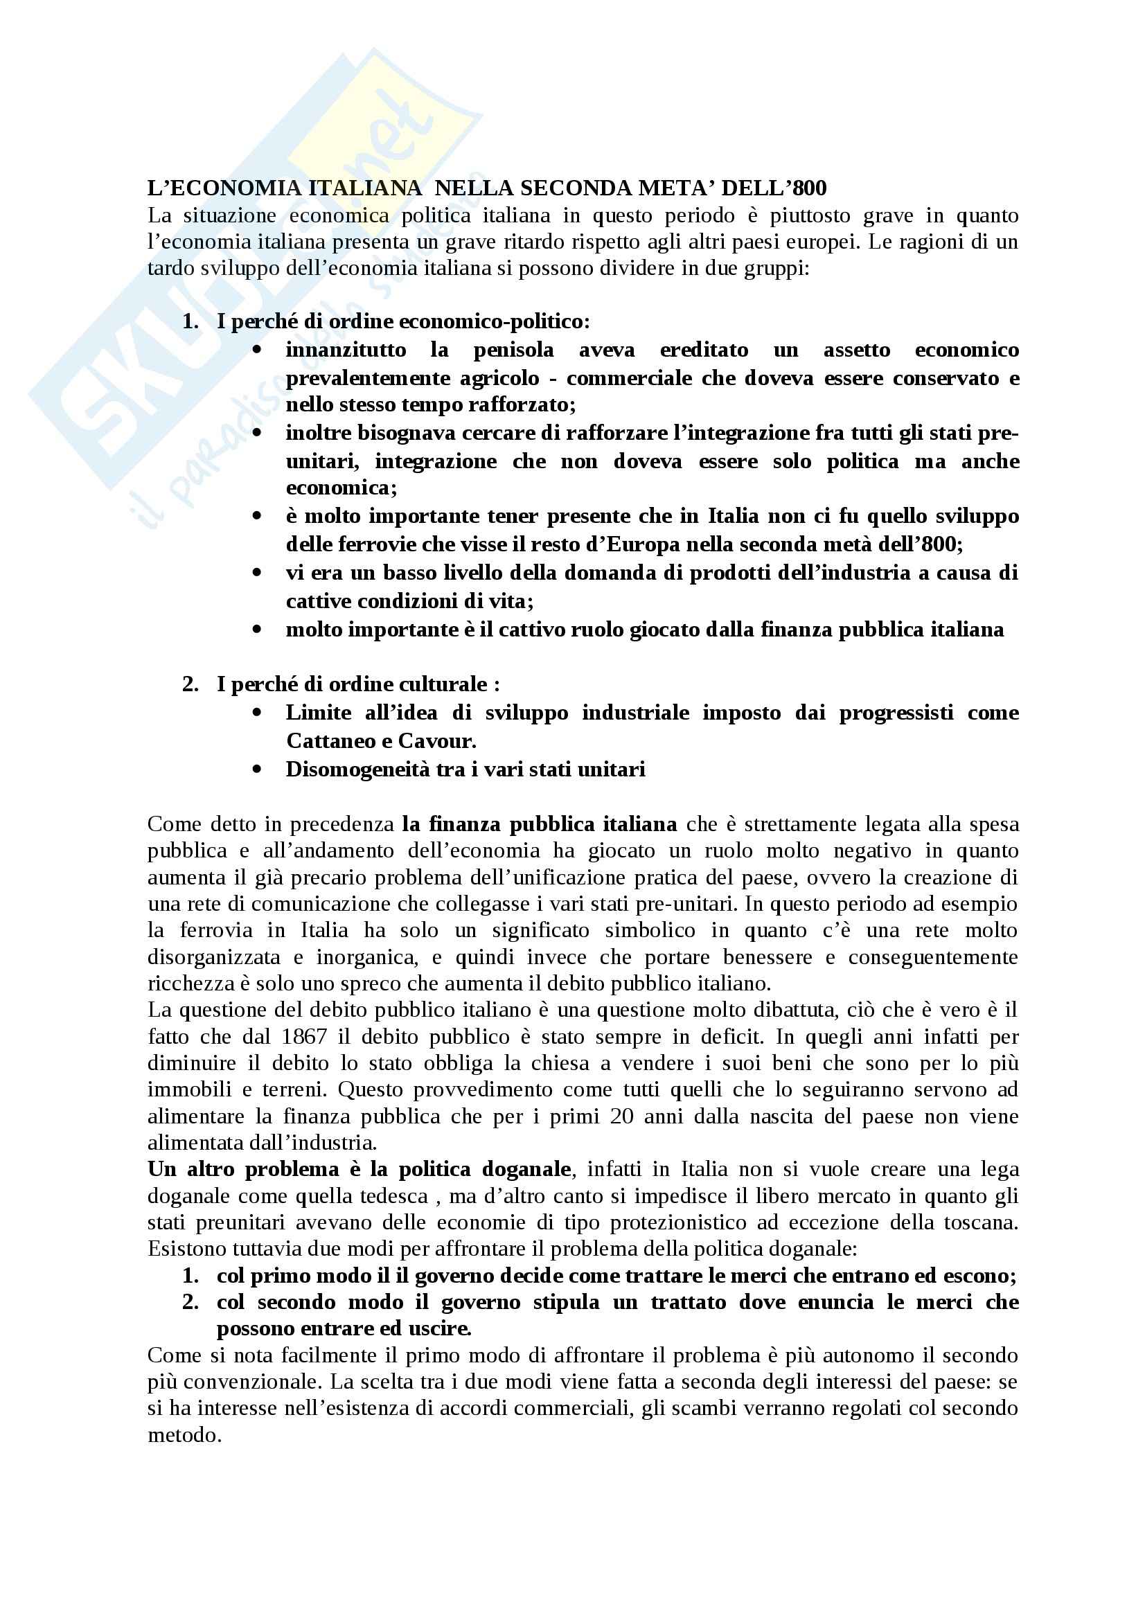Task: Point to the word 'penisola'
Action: click(x=513, y=350)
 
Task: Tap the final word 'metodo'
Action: click(x=183, y=1434)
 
